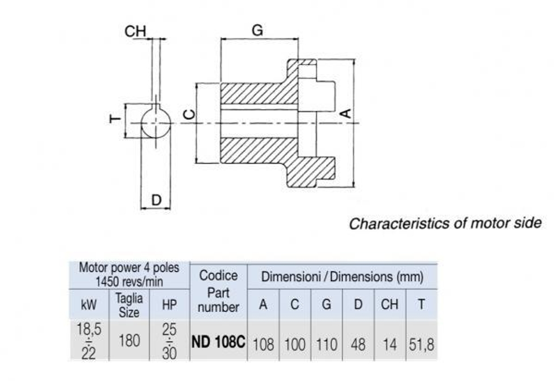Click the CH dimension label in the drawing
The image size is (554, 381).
tap(135, 32)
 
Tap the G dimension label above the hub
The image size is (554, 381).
tap(258, 30)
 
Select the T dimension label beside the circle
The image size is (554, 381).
tap(115, 119)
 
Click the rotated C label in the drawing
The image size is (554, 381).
tap(189, 115)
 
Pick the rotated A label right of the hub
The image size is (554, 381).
tap(345, 113)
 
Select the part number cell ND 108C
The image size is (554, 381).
tap(218, 342)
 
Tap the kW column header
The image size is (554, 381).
tap(89, 305)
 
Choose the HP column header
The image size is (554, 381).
tap(169, 305)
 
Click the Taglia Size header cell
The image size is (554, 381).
tap(129, 305)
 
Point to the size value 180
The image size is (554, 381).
tap(129, 342)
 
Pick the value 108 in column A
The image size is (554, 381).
tap(263, 344)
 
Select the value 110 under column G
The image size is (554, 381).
tap(327, 344)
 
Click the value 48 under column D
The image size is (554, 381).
tap(358, 344)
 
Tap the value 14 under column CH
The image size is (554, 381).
tap(389, 344)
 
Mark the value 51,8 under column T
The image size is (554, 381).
tap(422, 344)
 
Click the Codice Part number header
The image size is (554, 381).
tap(218, 291)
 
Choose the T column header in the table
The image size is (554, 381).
tap(422, 304)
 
